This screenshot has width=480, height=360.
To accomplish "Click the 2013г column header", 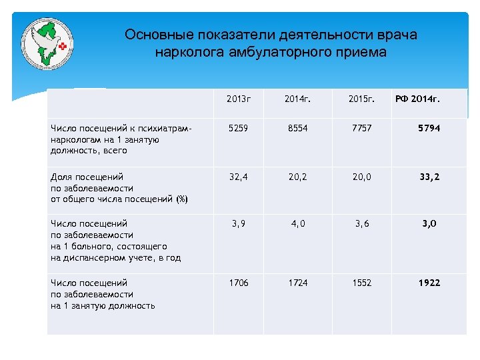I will (x=238, y=99).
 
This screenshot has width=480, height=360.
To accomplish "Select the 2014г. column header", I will (x=297, y=99).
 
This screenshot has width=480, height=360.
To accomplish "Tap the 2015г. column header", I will (x=361, y=99).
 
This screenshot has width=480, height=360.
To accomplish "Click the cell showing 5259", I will (x=238, y=127).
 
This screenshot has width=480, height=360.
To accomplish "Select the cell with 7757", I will (x=359, y=127).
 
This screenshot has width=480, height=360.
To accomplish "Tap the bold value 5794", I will (x=429, y=127).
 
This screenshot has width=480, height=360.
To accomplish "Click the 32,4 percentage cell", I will (x=238, y=177).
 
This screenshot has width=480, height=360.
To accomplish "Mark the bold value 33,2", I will (x=429, y=177).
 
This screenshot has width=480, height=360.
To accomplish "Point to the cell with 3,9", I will (x=238, y=224).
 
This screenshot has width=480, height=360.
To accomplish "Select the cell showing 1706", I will (x=238, y=283).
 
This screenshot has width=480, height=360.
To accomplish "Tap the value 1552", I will (x=359, y=283).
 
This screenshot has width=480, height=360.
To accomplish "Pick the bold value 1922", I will (x=429, y=283).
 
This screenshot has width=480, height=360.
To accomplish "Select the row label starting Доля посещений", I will (x=119, y=188).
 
